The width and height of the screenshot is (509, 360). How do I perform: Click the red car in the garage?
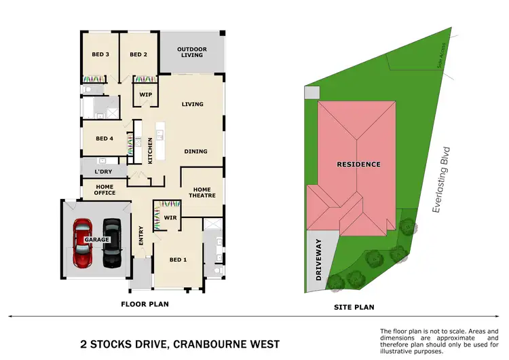point(83,242)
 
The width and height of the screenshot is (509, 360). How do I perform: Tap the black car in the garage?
point(111,242)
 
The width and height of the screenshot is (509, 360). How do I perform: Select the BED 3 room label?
point(100,55)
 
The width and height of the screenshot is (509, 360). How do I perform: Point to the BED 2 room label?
point(138,55)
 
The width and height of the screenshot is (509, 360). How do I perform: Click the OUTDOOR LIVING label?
point(192,52)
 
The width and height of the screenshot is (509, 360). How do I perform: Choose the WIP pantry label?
point(145,94)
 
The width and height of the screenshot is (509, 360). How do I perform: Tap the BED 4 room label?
point(105,139)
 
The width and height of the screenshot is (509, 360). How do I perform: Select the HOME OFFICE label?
point(105,190)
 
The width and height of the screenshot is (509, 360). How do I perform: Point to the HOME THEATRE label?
point(202,193)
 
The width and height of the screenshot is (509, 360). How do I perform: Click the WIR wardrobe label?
point(170,218)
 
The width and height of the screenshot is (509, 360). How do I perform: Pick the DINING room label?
point(195,151)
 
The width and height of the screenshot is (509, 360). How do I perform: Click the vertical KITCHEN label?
point(150,150)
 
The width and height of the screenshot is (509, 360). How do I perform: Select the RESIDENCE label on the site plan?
point(358,164)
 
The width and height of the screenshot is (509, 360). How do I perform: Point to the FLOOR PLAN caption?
point(145,304)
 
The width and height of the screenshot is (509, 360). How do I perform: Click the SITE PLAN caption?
point(354,307)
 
